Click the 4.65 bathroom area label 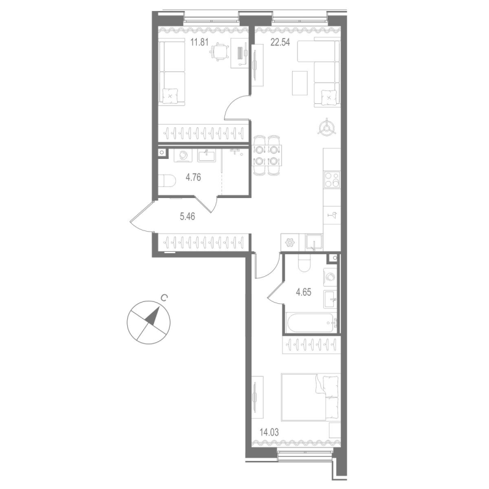pyautogui.click(x=304, y=292)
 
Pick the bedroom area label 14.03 pyautogui.click(x=267, y=432)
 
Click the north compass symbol pyautogui.click(x=148, y=320)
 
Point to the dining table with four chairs pyautogui.click(x=267, y=155)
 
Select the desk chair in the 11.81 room pyautogui.click(x=218, y=54)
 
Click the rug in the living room pyautogui.click(x=301, y=83)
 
